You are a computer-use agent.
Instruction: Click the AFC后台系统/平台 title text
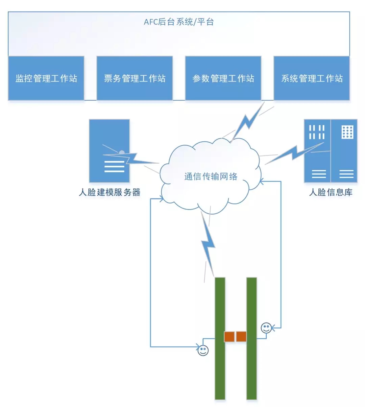click(179, 22)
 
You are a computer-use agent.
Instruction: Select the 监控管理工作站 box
click(46, 78)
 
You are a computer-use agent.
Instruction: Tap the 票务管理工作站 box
click(135, 78)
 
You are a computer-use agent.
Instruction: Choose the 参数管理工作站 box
click(223, 78)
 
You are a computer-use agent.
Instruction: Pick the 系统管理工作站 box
click(312, 78)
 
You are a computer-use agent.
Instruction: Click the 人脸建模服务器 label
click(109, 192)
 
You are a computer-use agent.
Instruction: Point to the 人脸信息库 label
click(331, 192)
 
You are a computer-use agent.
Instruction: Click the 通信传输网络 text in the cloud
click(211, 176)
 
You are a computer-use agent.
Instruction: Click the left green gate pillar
click(220, 338)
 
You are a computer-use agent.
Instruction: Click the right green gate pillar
click(251, 338)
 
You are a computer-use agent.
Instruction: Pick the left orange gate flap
click(229, 337)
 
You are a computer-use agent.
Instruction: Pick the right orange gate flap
click(241, 337)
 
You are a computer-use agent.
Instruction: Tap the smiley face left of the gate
click(203, 350)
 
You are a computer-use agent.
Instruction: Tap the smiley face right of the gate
click(266, 328)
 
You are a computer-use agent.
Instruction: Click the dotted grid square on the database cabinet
click(347, 132)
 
